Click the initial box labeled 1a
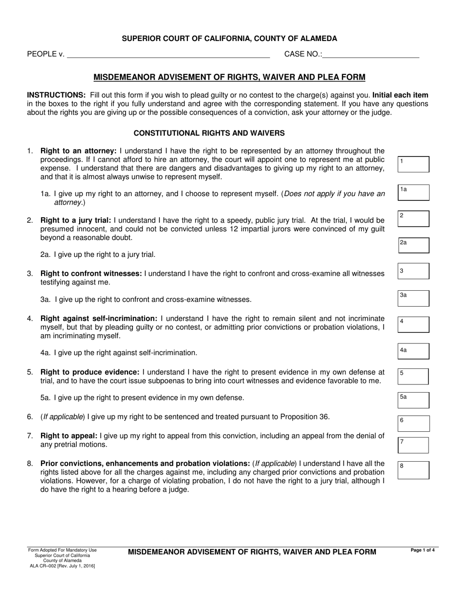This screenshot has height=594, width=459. tap(414, 192)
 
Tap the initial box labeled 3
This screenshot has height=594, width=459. tap(414, 271)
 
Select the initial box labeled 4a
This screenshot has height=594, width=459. tap(414, 351)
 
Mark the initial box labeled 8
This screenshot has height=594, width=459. tap(414, 470)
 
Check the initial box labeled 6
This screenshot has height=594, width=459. tap(414, 423)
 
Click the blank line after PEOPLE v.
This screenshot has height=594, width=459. tap(168, 55)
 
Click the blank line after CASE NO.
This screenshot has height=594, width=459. tap(371, 55)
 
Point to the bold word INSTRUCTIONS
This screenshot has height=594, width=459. tap(56, 95)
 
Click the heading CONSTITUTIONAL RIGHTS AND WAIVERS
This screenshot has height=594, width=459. tap(209, 133)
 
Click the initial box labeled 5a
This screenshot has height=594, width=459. tap(414, 400)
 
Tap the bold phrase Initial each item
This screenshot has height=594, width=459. tap(400, 95)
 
